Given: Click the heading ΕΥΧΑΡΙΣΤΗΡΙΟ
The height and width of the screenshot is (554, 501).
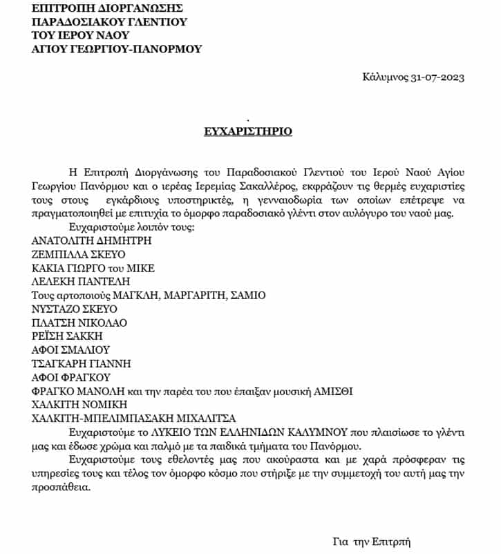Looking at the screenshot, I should pos(248,131).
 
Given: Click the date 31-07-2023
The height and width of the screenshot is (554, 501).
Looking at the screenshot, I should pos(436,77).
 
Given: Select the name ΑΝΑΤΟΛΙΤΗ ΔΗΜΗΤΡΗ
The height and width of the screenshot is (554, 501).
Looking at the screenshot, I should pos(91,240).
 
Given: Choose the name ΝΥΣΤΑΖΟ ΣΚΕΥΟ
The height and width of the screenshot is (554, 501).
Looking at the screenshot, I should pos(75,309).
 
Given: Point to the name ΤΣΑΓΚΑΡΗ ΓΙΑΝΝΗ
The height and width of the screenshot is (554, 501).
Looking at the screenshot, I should pos(82,363).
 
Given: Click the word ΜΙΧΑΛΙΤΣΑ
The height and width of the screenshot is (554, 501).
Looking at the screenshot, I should pos(206,418).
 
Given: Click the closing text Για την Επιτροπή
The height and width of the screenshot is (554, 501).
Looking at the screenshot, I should pos(372,542).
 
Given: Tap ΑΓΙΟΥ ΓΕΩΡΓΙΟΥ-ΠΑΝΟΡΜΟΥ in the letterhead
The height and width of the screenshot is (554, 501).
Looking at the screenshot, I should pos(117,49).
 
